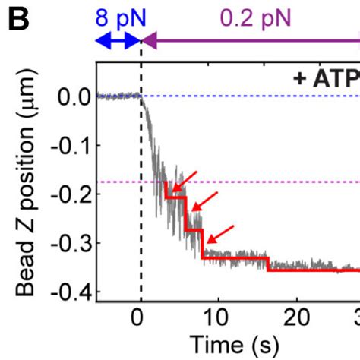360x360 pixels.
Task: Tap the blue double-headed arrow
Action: tap(118, 41)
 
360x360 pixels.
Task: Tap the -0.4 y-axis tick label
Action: tap(69, 292)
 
